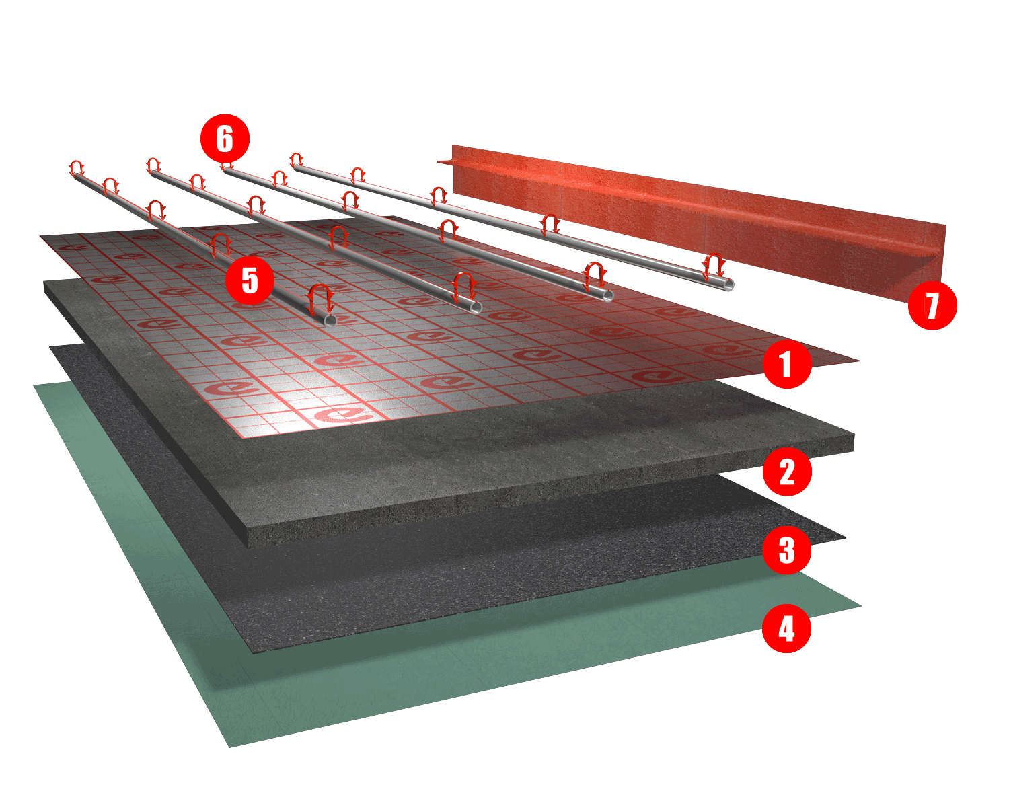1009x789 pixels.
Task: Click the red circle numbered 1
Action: point(787,363)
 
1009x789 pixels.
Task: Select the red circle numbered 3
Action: point(787,550)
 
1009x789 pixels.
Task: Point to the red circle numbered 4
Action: point(786,629)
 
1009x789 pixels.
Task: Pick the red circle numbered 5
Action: point(250,280)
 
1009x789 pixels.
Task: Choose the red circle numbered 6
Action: point(225,139)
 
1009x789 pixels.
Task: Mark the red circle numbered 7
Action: point(932,305)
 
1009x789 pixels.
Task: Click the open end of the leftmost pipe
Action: point(330,320)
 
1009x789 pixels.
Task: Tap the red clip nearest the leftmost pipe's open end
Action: point(320,297)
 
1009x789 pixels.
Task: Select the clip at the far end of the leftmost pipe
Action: point(77,168)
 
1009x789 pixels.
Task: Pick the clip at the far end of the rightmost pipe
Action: point(296,159)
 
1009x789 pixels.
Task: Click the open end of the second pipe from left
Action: point(476,307)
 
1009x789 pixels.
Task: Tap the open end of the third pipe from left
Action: point(607,295)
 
